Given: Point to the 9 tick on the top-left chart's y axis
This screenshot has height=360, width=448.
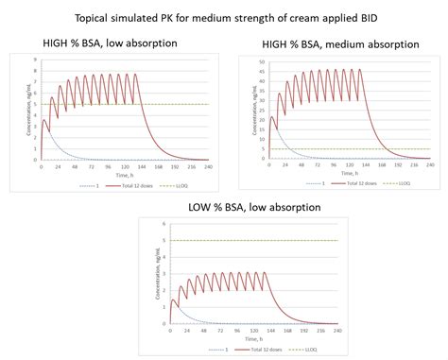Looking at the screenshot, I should point(35,58).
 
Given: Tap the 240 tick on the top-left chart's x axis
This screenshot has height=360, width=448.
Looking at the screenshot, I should point(208,165).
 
